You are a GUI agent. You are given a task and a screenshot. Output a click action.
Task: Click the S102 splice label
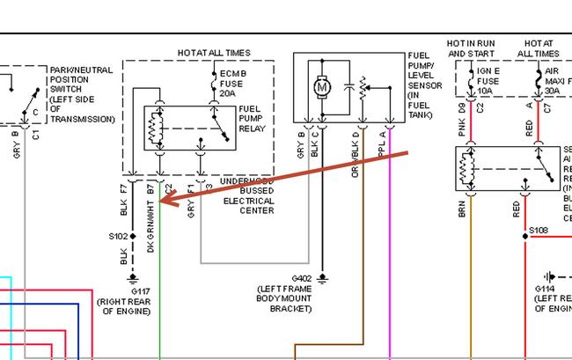[x=118, y=237]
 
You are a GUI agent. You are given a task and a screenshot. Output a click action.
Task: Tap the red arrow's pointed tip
[x=163, y=203]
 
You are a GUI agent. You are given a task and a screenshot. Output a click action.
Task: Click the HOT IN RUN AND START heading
[x=472, y=48]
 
